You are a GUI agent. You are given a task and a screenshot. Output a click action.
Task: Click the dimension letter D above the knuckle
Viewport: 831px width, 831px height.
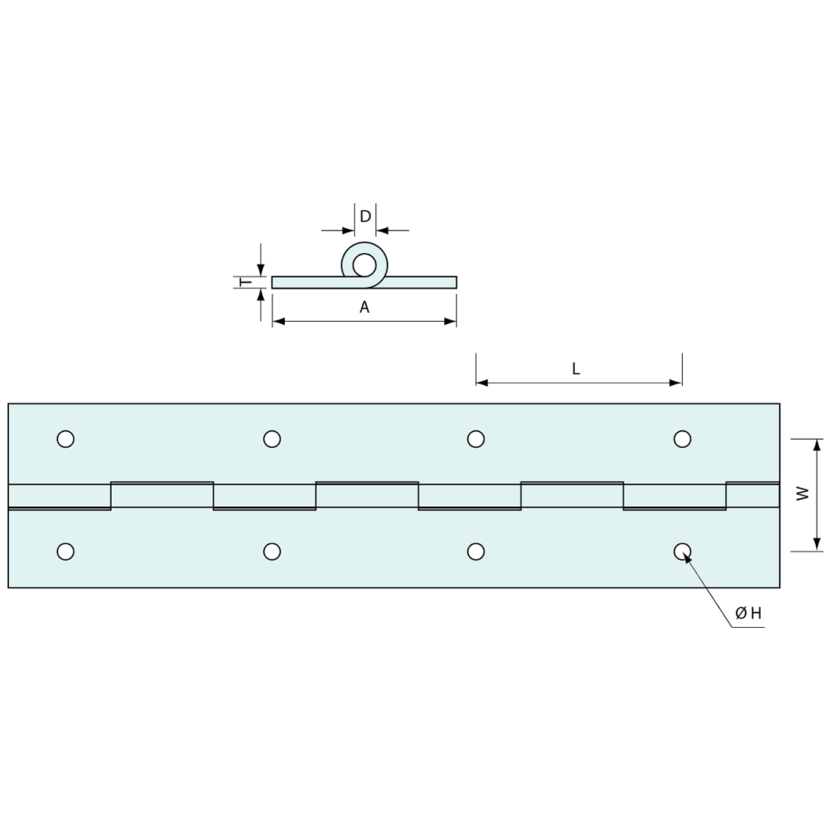click(365, 217)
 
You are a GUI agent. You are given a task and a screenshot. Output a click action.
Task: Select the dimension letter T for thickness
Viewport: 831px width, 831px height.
click(246, 283)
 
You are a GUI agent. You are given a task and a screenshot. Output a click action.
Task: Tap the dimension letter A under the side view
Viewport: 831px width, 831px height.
click(364, 307)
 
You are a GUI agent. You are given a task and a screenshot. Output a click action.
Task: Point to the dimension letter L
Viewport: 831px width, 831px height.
click(576, 369)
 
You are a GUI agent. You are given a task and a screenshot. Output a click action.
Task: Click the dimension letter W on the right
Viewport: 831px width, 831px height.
click(803, 493)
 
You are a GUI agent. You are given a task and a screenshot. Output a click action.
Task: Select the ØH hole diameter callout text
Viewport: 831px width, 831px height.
click(749, 613)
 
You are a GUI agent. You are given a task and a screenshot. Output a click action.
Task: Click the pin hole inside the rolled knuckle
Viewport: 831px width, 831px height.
click(364, 265)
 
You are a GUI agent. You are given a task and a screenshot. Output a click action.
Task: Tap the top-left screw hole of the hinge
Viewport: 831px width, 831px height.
click(66, 439)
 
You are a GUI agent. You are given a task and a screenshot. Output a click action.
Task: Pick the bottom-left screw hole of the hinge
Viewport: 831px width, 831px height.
click(66, 551)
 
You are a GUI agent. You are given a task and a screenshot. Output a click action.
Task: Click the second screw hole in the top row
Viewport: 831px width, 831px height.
click(272, 439)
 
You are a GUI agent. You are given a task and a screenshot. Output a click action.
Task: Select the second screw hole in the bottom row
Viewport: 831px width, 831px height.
click(272, 551)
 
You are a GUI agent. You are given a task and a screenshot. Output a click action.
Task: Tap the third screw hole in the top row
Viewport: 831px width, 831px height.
click(476, 439)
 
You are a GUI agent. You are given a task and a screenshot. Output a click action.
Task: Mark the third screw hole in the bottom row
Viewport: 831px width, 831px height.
click(476, 551)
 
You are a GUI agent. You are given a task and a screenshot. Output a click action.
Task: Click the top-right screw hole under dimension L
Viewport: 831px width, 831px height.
click(682, 439)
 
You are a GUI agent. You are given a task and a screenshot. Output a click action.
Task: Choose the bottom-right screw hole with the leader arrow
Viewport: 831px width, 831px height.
click(681, 551)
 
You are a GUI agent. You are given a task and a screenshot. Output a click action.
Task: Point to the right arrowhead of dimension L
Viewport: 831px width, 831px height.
click(675, 383)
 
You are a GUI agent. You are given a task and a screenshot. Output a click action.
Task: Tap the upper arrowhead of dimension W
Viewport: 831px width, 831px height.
click(817, 445)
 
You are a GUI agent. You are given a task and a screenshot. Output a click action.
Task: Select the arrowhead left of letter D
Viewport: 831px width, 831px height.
click(348, 230)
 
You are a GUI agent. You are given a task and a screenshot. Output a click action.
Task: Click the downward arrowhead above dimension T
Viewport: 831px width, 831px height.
click(261, 270)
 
